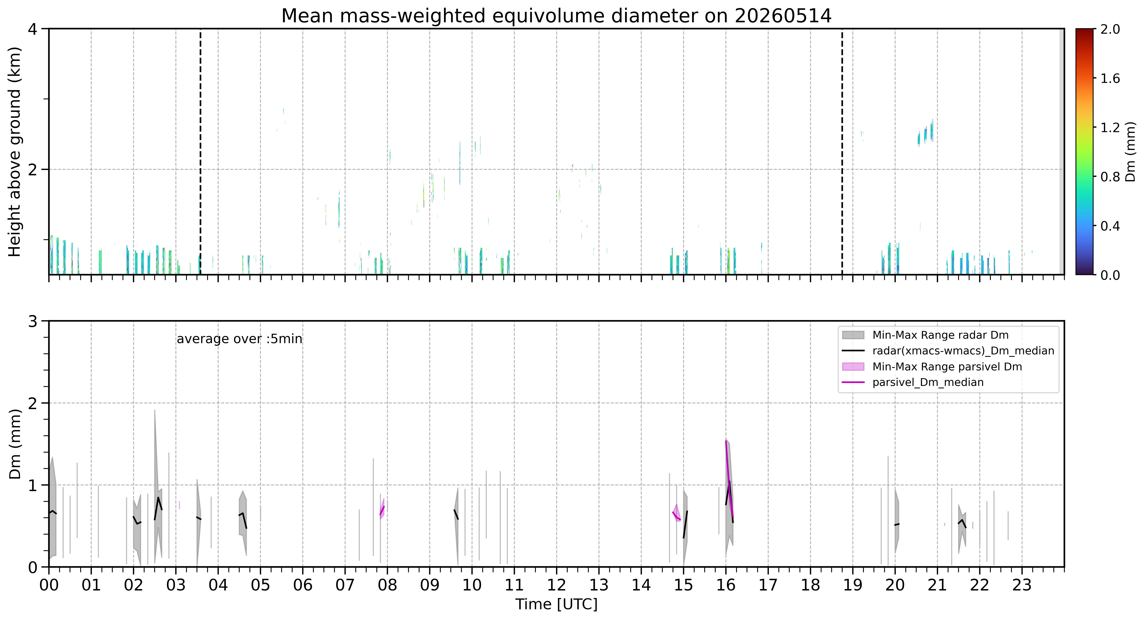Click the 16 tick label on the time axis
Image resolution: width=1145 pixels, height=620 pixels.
[726, 585]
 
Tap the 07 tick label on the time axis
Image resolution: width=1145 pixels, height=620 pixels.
[345, 585]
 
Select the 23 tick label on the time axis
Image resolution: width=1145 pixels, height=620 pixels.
[1022, 585]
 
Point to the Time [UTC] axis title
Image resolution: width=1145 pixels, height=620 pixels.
[556, 604]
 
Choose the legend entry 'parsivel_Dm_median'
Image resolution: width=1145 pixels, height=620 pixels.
[928, 382]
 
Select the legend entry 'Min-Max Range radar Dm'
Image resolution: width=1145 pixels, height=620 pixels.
[941, 335]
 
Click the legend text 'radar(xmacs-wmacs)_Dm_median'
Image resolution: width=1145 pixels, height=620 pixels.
[963, 351]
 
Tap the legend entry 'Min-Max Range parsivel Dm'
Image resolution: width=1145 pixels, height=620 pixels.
[947, 367]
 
